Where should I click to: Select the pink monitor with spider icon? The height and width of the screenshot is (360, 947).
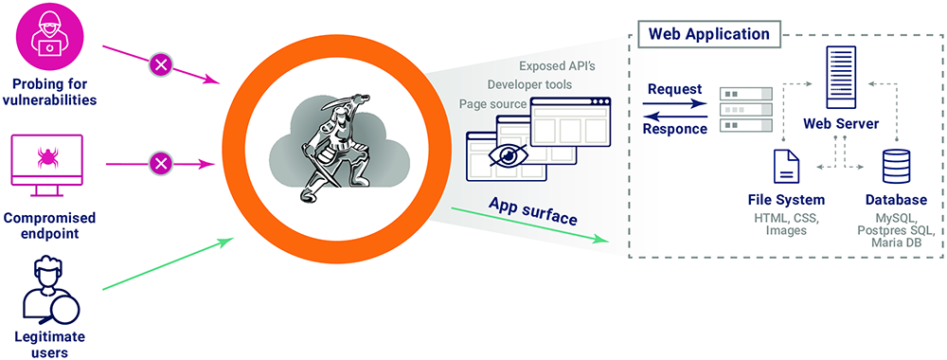tap(46, 162)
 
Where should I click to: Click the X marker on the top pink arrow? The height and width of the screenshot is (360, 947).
tap(161, 65)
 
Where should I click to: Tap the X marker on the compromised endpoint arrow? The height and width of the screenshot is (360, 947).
tap(161, 164)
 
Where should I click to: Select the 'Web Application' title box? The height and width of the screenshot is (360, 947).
tap(709, 35)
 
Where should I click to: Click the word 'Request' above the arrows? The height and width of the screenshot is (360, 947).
tap(674, 90)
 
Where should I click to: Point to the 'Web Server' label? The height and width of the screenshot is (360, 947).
tap(841, 124)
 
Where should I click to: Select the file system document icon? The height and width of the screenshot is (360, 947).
tap(785, 167)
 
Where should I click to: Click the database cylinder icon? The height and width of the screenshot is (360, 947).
tap(895, 167)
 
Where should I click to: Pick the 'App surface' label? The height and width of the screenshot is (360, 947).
tap(532, 211)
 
